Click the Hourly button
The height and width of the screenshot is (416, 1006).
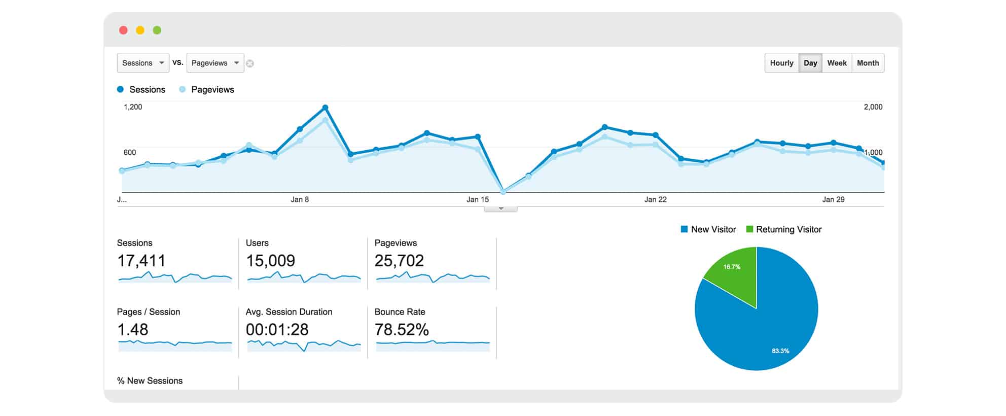pyautogui.click(x=781, y=63)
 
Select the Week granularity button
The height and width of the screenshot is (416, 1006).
pyautogui.click(x=837, y=63)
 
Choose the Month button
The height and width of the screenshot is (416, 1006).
pyautogui.click(x=868, y=63)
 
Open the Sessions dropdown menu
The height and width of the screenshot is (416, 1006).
pyautogui.click(x=143, y=63)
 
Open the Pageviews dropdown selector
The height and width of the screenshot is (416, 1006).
pyautogui.click(x=215, y=63)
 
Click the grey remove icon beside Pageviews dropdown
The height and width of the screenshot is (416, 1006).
pyautogui.click(x=250, y=63)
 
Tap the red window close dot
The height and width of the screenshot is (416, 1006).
pyautogui.click(x=123, y=30)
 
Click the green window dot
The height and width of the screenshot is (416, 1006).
pyautogui.click(x=157, y=30)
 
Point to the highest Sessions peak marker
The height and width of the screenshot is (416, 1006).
pyautogui.click(x=325, y=108)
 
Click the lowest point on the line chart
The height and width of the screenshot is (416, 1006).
pyautogui.click(x=503, y=191)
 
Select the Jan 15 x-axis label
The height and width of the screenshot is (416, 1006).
pyautogui.click(x=478, y=199)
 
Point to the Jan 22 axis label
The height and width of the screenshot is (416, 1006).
pyautogui.click(x=655, y=199)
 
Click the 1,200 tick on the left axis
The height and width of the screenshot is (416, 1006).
pyautogui.click(x=133, y=107)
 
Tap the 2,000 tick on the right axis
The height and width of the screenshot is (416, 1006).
pyautogui.click(x=873, y=107)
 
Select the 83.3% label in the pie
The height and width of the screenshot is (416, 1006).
pyautogui.click(x=780, y=351)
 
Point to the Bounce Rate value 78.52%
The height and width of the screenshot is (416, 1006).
pyautogui.click(x=402, y=330)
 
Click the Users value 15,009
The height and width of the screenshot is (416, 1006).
pyautogui.click(x=270, y=261)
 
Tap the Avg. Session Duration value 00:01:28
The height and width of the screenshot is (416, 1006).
pyautogui.click(x=277, y=330)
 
